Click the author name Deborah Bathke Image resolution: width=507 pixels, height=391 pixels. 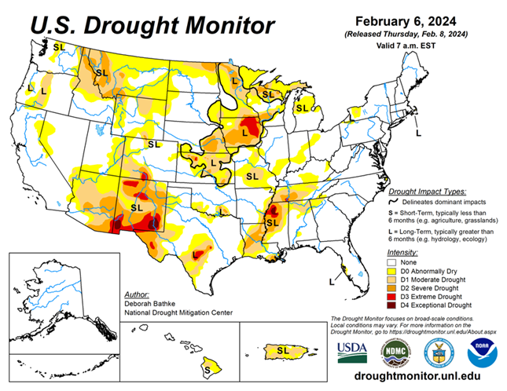point(149,301)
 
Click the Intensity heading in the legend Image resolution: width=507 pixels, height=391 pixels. point(402,252)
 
